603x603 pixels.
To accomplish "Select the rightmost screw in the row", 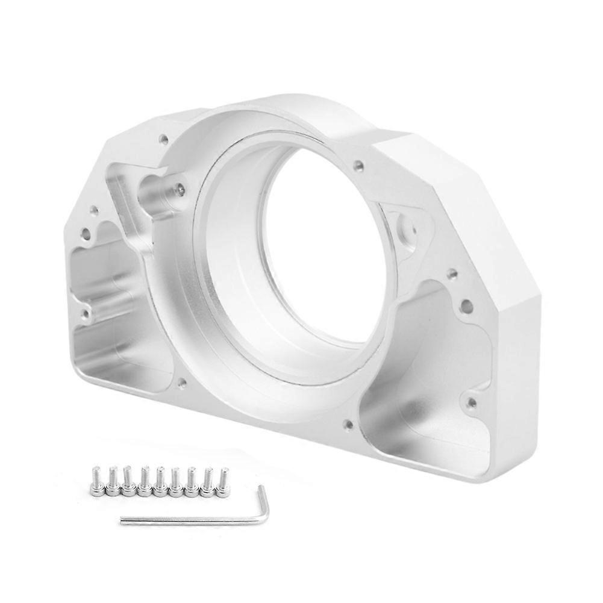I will tap(223, 483).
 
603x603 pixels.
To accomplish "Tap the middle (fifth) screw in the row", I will tap(160, 483).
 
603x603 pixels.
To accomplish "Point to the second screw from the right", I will tap(208, 483).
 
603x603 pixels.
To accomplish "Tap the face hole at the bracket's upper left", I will tap(163, 139).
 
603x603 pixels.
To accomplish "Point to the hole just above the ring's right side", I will tap(359, 164).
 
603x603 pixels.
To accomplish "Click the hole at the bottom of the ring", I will tap(348, 424).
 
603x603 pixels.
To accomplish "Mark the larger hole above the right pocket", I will tap(466, 307).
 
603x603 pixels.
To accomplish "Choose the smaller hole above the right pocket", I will tap(452, 275).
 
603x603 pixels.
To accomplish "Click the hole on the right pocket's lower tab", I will tap(472, 402).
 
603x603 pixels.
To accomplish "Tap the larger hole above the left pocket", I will tap(86, 232).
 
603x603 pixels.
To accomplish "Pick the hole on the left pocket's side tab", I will tap(86, 313).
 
